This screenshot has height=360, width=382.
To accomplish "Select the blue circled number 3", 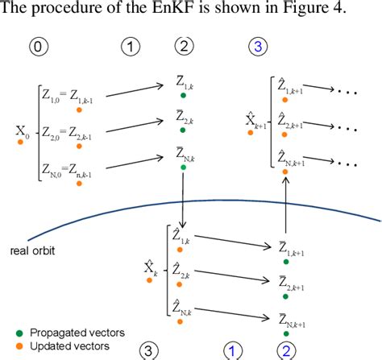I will (257, 47).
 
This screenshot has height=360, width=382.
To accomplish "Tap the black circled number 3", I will (149, 350).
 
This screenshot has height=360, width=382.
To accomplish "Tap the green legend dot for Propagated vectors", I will (19, 331).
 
